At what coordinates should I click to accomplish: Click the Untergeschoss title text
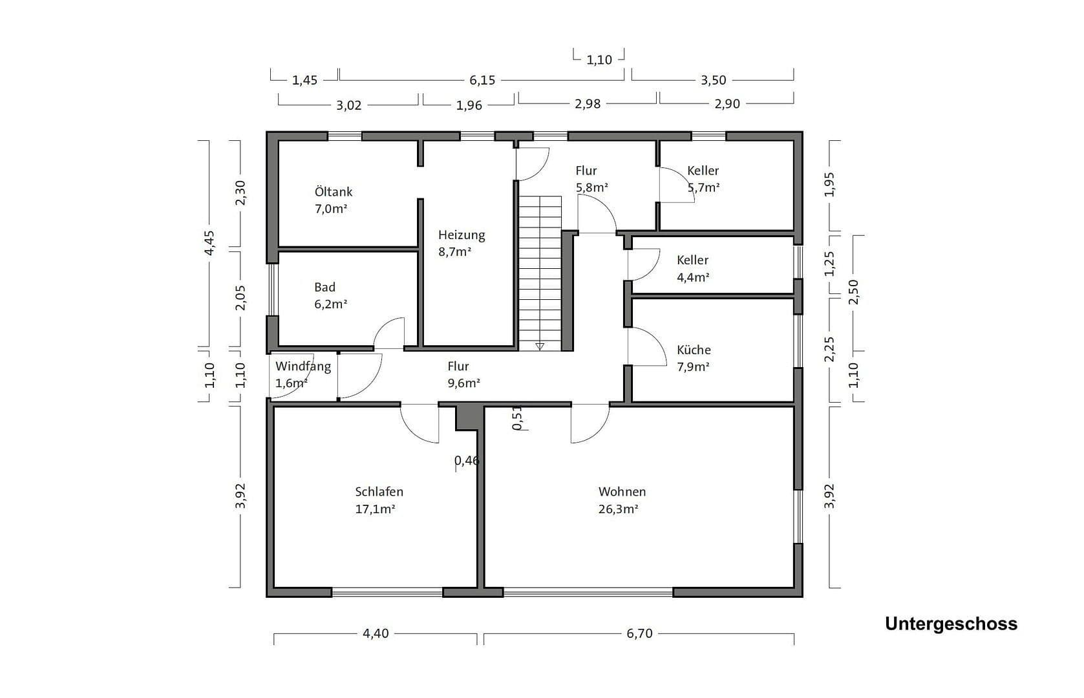click(951, 624)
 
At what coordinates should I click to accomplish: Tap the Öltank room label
click(334, 192)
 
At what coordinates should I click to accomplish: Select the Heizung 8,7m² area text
click(455, 252)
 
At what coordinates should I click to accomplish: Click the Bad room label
click(325, 288)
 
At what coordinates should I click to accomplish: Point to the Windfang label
click(303, 366)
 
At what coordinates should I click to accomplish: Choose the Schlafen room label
click(379, 492)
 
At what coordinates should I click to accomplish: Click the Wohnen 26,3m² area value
click(618, 509)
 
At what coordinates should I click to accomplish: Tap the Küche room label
click(694, 350)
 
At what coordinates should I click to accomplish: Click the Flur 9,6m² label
click(463, 375)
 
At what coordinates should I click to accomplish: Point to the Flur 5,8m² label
click(591, 179)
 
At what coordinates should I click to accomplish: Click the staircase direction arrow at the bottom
click(540, 346)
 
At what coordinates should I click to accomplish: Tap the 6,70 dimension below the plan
click(639, 633)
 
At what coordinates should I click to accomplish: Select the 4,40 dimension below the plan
click(376, 633)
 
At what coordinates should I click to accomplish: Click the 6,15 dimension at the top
click(482, 80)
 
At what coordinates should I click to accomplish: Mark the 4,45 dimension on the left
click(209, 242)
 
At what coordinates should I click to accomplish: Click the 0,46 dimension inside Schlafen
click(467, 461)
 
